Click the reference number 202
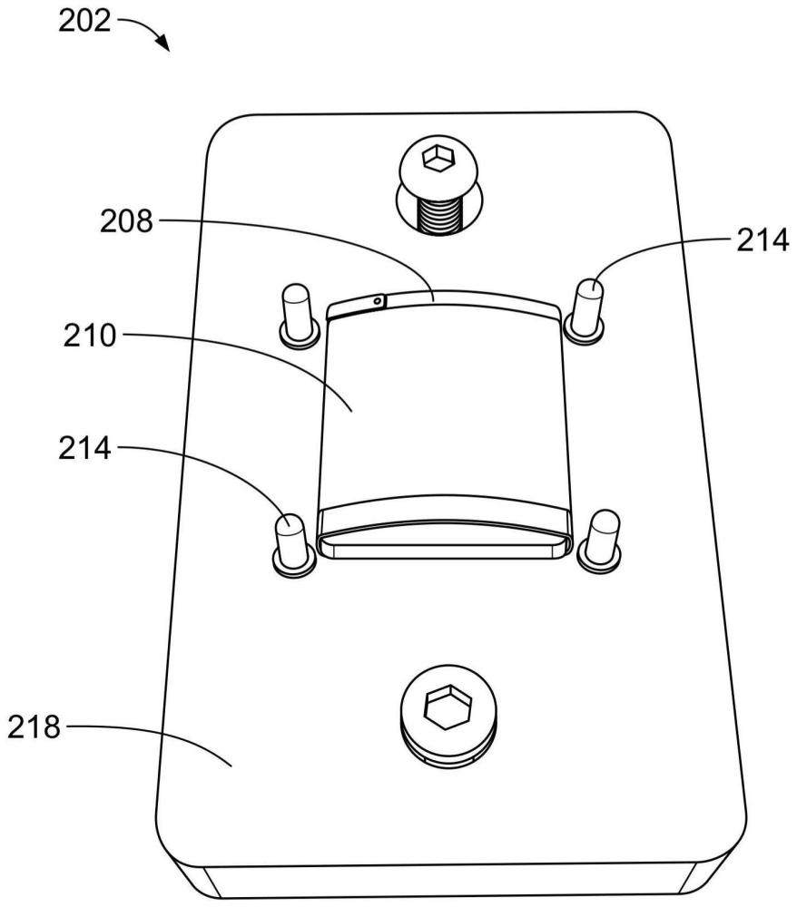pyautogui.click(x=84, y=22)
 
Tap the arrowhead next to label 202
pyautogui.click(x=164, y=44)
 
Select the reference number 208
pyautogui.click(x=126, y=221)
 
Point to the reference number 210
pyautogui.click(x=90, y=336)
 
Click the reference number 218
pyautogui.click(x=34, y=727)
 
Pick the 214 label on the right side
pyautogui.click(x=763, y=240)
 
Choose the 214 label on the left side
pyautogui.click(x=84, y=448)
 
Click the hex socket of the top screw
pyautogui.click(x=438, y=158)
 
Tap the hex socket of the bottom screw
pyautogui.click(x=448, y=706)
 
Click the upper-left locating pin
pyautogui.click(x=298, y=316)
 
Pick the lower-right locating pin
pyautogui.click(x=602, y=539)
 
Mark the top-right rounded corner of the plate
pyautogui.click(x=656, y=129)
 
